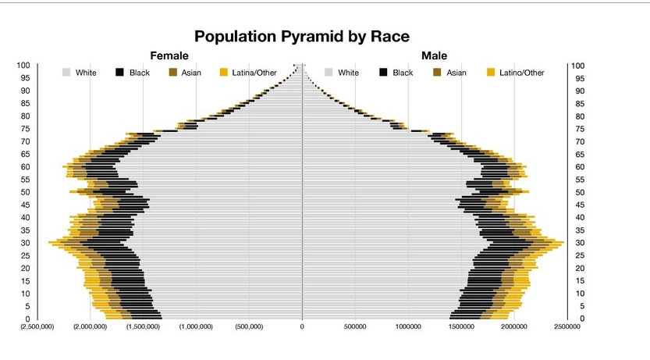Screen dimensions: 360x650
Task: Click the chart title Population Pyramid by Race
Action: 301,37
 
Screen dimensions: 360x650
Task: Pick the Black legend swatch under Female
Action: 120,73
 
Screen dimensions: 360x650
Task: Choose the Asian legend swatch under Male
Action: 437,73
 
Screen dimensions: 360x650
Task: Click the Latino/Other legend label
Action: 522,73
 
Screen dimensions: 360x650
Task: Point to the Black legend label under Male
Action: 403,73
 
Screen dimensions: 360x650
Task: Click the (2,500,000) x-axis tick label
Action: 37,327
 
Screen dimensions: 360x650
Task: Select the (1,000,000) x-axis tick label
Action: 196,327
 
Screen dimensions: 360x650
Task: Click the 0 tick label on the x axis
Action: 302,327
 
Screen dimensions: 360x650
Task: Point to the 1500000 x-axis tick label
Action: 461,327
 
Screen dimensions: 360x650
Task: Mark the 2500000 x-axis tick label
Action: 567,327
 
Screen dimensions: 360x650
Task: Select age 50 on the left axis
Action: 25,192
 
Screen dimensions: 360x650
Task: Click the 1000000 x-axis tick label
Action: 408,327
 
